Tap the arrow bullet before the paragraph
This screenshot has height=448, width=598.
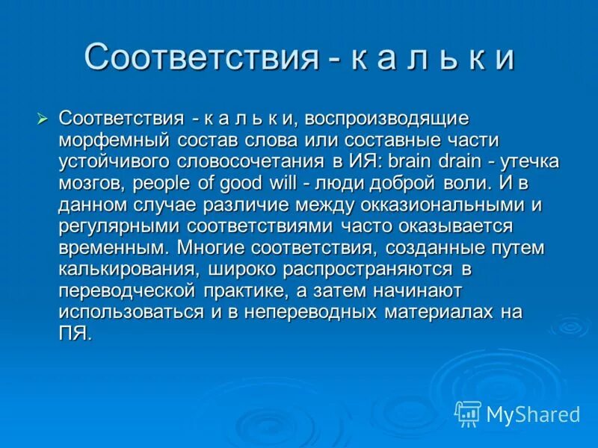tap(43, 117)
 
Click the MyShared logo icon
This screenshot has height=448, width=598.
tap(468, 413)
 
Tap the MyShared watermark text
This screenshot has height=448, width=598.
tap(533, 414)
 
